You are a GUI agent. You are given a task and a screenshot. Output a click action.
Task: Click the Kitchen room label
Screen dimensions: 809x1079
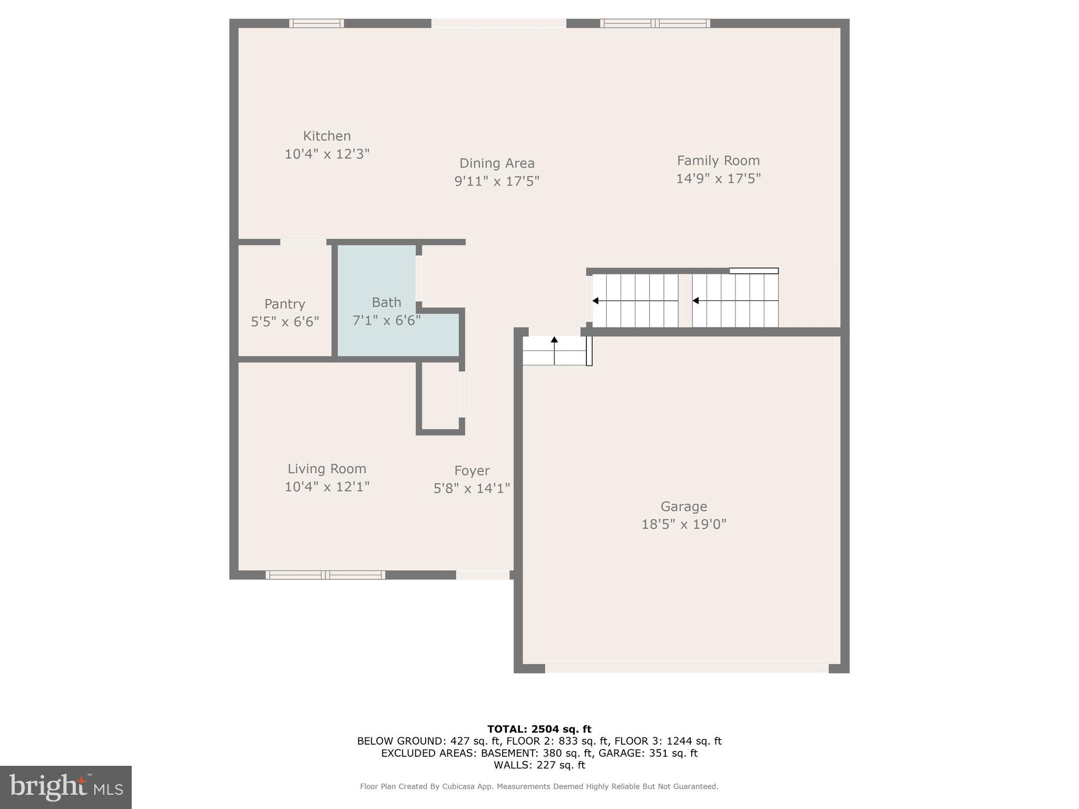coord(327,136)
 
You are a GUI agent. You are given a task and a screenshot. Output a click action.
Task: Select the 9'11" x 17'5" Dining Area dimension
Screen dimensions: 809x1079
coord(497,181)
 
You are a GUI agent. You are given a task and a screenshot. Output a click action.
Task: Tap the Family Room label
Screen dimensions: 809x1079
coord(718,161)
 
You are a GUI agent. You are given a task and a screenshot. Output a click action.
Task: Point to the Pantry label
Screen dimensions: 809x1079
coord(285,304)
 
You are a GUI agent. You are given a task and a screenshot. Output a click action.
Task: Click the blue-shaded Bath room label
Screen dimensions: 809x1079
coord(386,302)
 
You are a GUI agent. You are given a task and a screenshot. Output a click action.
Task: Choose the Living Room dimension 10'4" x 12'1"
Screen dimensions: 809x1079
coord(327,487)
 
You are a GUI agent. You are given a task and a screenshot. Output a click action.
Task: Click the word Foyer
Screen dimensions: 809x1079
coord(472,471)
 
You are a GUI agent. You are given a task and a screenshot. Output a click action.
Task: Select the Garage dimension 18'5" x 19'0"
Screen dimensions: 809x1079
coord(683,525)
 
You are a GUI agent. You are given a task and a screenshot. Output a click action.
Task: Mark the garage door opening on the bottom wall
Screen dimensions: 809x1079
coord(686,668)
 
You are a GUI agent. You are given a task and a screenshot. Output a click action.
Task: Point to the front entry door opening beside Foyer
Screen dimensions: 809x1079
coord(483,575)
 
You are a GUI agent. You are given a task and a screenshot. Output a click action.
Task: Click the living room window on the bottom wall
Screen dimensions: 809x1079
coord(325,575)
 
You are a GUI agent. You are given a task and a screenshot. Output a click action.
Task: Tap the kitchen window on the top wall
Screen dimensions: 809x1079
coord(316,23)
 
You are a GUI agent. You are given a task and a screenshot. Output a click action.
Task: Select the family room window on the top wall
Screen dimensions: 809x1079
coord(654,23)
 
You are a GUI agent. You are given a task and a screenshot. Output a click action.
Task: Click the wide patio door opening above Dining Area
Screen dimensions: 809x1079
coord(498,23)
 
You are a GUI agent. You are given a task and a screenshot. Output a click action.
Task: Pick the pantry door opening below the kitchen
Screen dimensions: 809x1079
coord(303,242)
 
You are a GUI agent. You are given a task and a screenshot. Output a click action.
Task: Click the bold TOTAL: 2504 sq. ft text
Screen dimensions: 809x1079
coord(539,729)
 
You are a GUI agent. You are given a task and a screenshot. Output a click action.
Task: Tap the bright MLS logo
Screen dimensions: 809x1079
coord(66,787)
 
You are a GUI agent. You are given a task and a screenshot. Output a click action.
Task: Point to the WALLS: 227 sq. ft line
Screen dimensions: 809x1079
coord(539,765)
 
